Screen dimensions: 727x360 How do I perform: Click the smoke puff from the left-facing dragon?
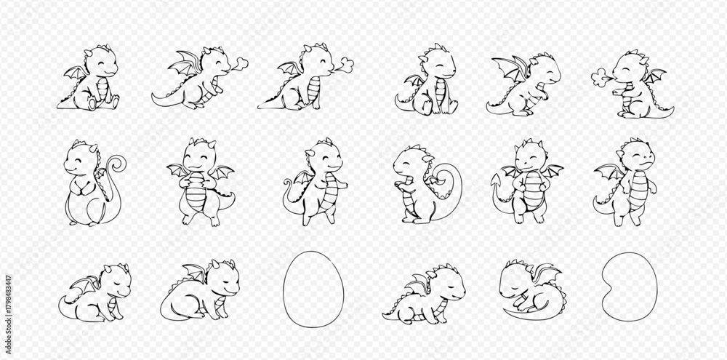tap(601, 77)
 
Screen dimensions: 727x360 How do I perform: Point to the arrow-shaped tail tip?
tap(496, 183)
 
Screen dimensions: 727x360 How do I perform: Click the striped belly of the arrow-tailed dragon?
tap(533, 191)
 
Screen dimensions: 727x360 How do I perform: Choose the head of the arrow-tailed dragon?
tap(529, 156)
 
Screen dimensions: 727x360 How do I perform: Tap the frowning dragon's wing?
tap(609, 171)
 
